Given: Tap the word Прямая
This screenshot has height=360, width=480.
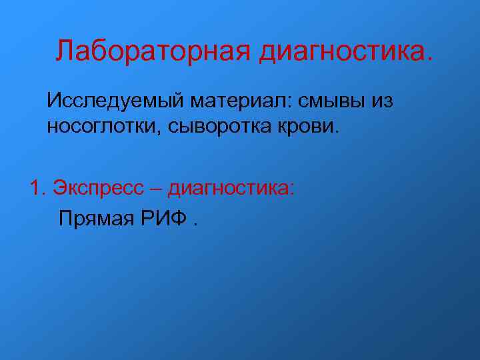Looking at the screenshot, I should (x=95, y=218).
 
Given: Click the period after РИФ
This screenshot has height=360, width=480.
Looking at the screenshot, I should (x=195, y=224).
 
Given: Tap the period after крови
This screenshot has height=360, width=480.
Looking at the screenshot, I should (x=337, y=131).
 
